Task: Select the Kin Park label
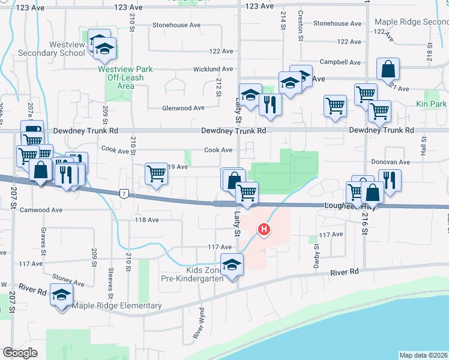430,104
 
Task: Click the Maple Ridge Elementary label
116,306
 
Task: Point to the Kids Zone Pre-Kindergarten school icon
232,264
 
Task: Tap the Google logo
20,353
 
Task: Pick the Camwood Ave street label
41,211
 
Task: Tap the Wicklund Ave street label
212,70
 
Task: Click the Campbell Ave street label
340,62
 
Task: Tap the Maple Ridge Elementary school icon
61,295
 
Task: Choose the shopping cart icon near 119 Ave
156,174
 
